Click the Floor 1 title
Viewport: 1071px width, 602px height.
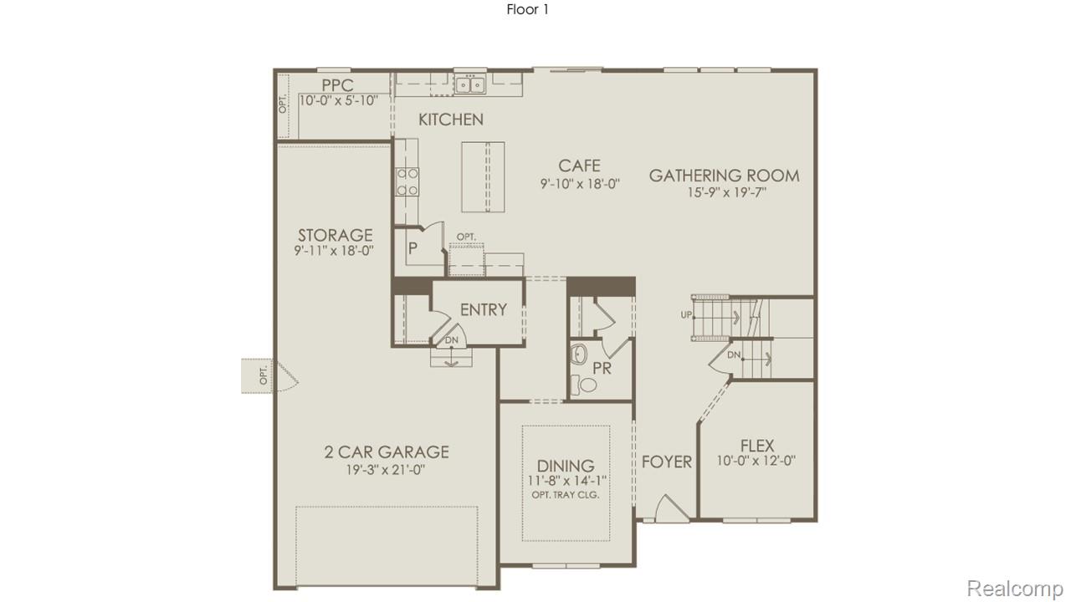pos(527,10)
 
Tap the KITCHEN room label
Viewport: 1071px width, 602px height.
pos(451,120)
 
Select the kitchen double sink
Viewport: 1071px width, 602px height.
pos(469,84)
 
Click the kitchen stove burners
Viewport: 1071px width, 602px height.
pos(407,181)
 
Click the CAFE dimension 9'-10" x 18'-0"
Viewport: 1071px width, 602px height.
pos(580,184)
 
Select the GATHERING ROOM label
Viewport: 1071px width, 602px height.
pos(724,176)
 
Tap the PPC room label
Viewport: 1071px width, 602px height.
pos(337,85)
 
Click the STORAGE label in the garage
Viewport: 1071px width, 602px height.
pos(335,235)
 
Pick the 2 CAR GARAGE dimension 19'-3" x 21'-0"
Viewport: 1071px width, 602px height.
pos(387,470)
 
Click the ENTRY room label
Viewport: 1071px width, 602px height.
pos(484,309)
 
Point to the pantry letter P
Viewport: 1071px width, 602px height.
pos(413,248)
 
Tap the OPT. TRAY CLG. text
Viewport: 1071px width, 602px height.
pos(566,495)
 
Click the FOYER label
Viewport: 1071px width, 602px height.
pos(667,462)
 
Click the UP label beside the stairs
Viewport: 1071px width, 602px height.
pos(686,315)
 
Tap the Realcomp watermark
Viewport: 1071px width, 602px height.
pos(1014,588)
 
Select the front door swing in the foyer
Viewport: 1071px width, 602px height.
pos(672,509)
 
